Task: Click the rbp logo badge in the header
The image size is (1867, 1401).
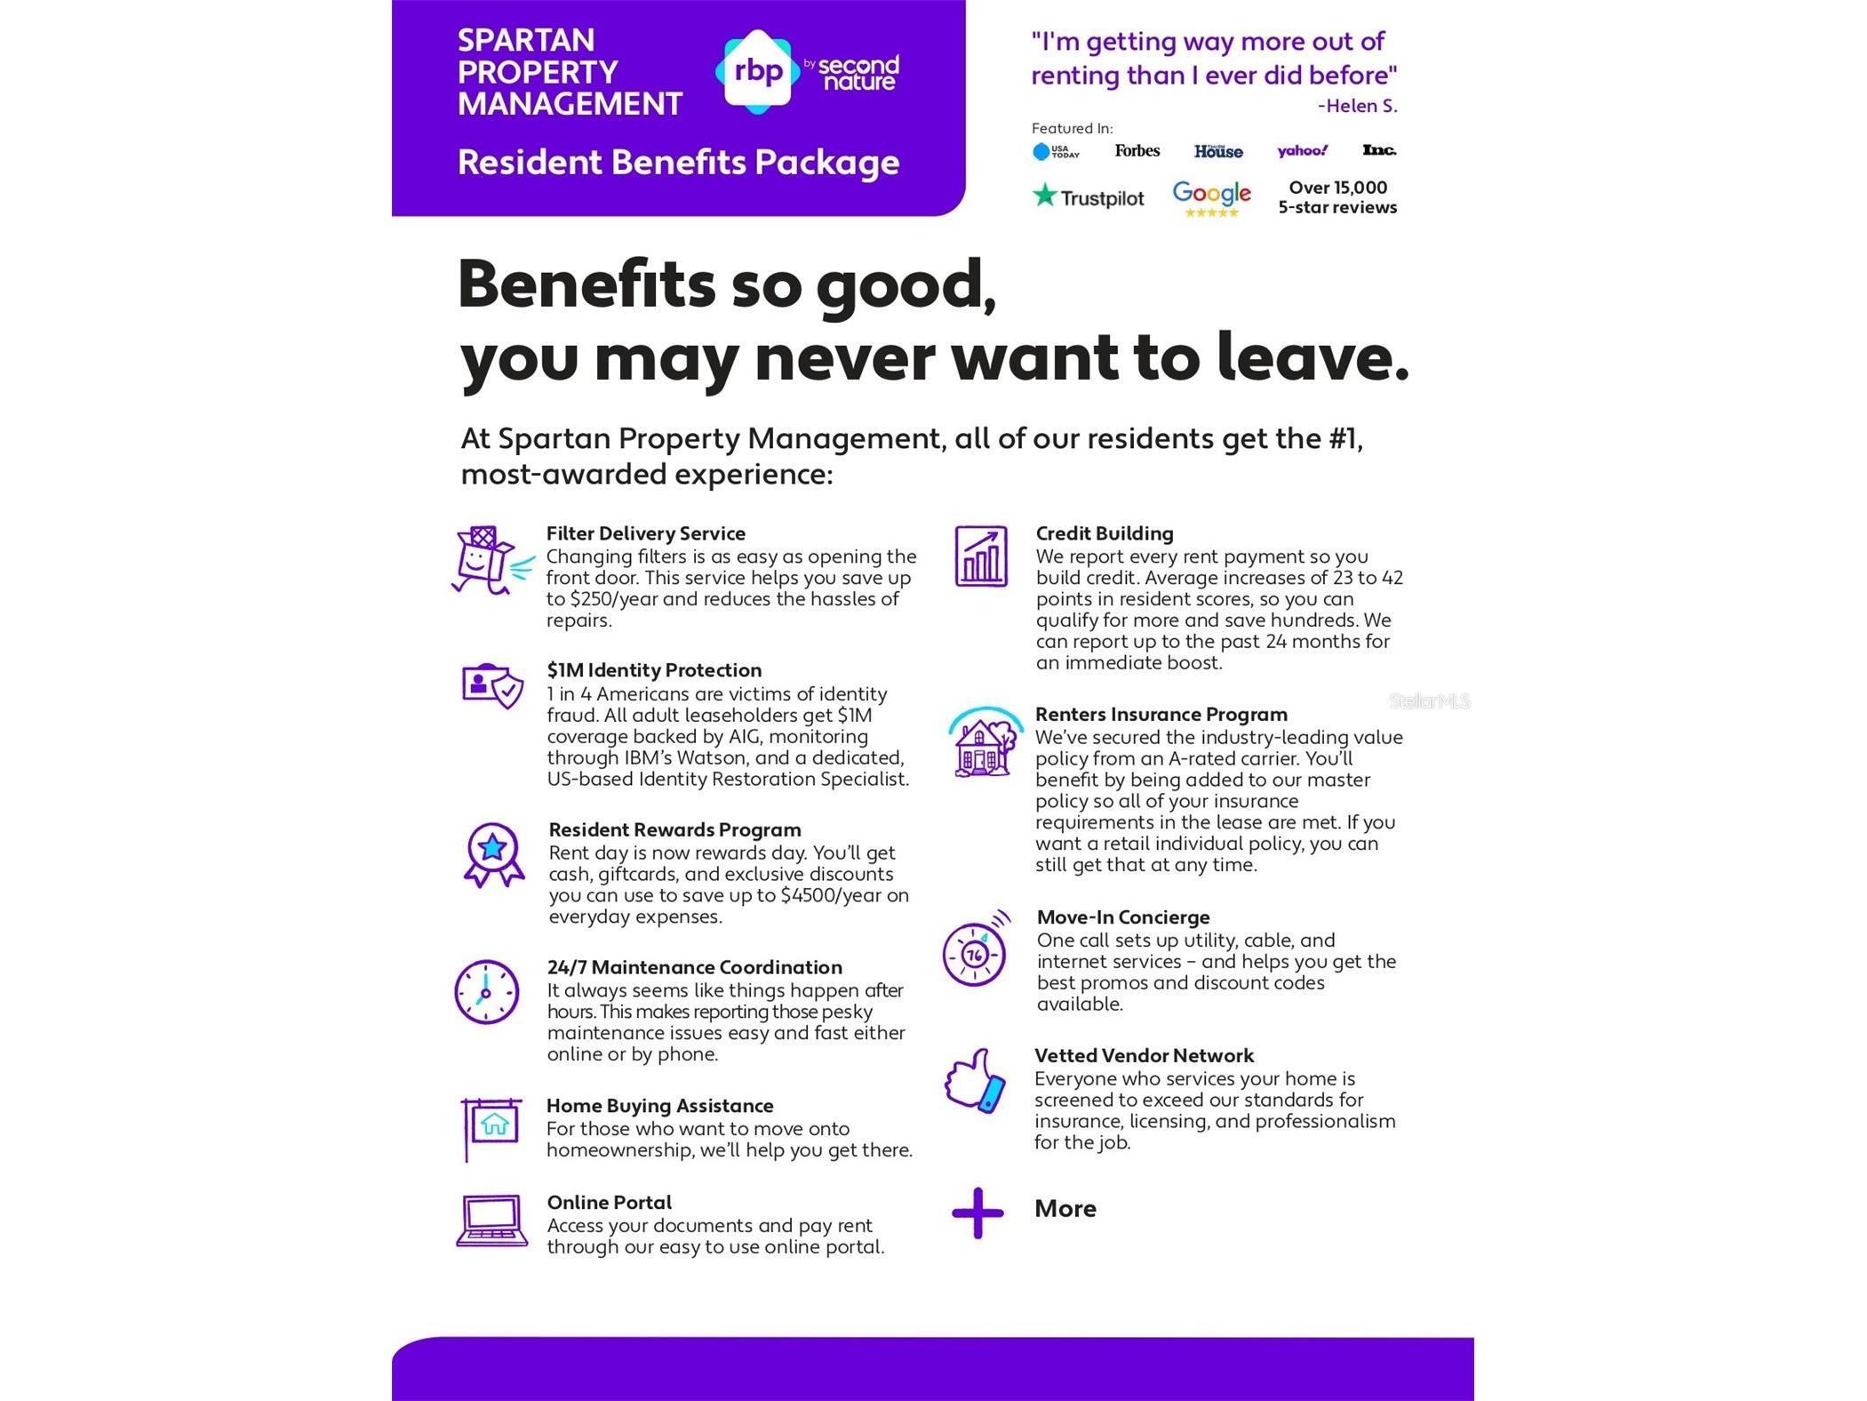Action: (756, 71)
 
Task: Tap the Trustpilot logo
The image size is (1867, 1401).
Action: (1088, 196)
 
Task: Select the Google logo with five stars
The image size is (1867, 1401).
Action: (1211, 197)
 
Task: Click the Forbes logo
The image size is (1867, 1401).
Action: (1137, 151)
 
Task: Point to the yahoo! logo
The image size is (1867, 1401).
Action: (1302, 151)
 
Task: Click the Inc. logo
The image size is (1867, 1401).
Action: (1378, 150)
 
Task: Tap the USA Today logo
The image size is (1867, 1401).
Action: (1056, 152)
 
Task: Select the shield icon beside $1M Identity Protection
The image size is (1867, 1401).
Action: (492, 685)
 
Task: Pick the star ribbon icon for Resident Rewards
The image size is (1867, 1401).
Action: (493, 854)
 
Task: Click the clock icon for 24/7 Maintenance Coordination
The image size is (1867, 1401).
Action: (486, 991)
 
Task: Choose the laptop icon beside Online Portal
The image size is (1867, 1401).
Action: (491, 1221)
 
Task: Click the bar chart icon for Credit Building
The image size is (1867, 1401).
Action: (980, 556)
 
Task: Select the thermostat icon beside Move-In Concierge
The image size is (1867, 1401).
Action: (976, 951)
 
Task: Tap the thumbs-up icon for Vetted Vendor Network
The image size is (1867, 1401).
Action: (976, 1081)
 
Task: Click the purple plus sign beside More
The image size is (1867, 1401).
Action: (977, 1212)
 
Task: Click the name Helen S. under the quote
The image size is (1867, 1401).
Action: (1357, 107)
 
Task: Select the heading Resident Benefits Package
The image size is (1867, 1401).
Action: (678, 163)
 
